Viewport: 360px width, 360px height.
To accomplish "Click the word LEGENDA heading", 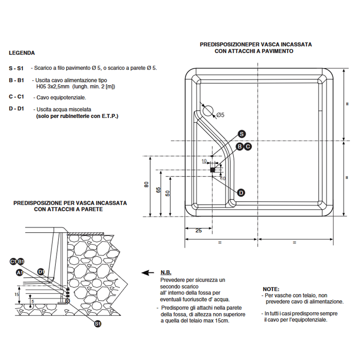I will click(22, 53).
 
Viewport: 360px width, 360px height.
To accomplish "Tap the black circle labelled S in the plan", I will click(241, 134).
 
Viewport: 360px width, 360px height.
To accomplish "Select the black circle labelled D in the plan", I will click(241, 193).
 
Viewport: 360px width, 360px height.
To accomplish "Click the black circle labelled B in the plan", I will click(240, 146).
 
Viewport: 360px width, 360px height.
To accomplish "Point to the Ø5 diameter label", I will click(220, 115).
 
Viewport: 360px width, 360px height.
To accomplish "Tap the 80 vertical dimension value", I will click(147, 185).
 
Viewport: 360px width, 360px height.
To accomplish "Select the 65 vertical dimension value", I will click(158, 189).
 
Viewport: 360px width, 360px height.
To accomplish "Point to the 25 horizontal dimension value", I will click(198, 230).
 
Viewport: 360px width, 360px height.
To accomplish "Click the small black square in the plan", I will click(213, 170).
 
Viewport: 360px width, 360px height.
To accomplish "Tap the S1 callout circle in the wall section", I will click(98, 323).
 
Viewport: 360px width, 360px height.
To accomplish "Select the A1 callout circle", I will click(19, 273).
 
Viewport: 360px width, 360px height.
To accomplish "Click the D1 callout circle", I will click(40, 271).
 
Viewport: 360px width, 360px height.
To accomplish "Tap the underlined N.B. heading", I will click(166, 273).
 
